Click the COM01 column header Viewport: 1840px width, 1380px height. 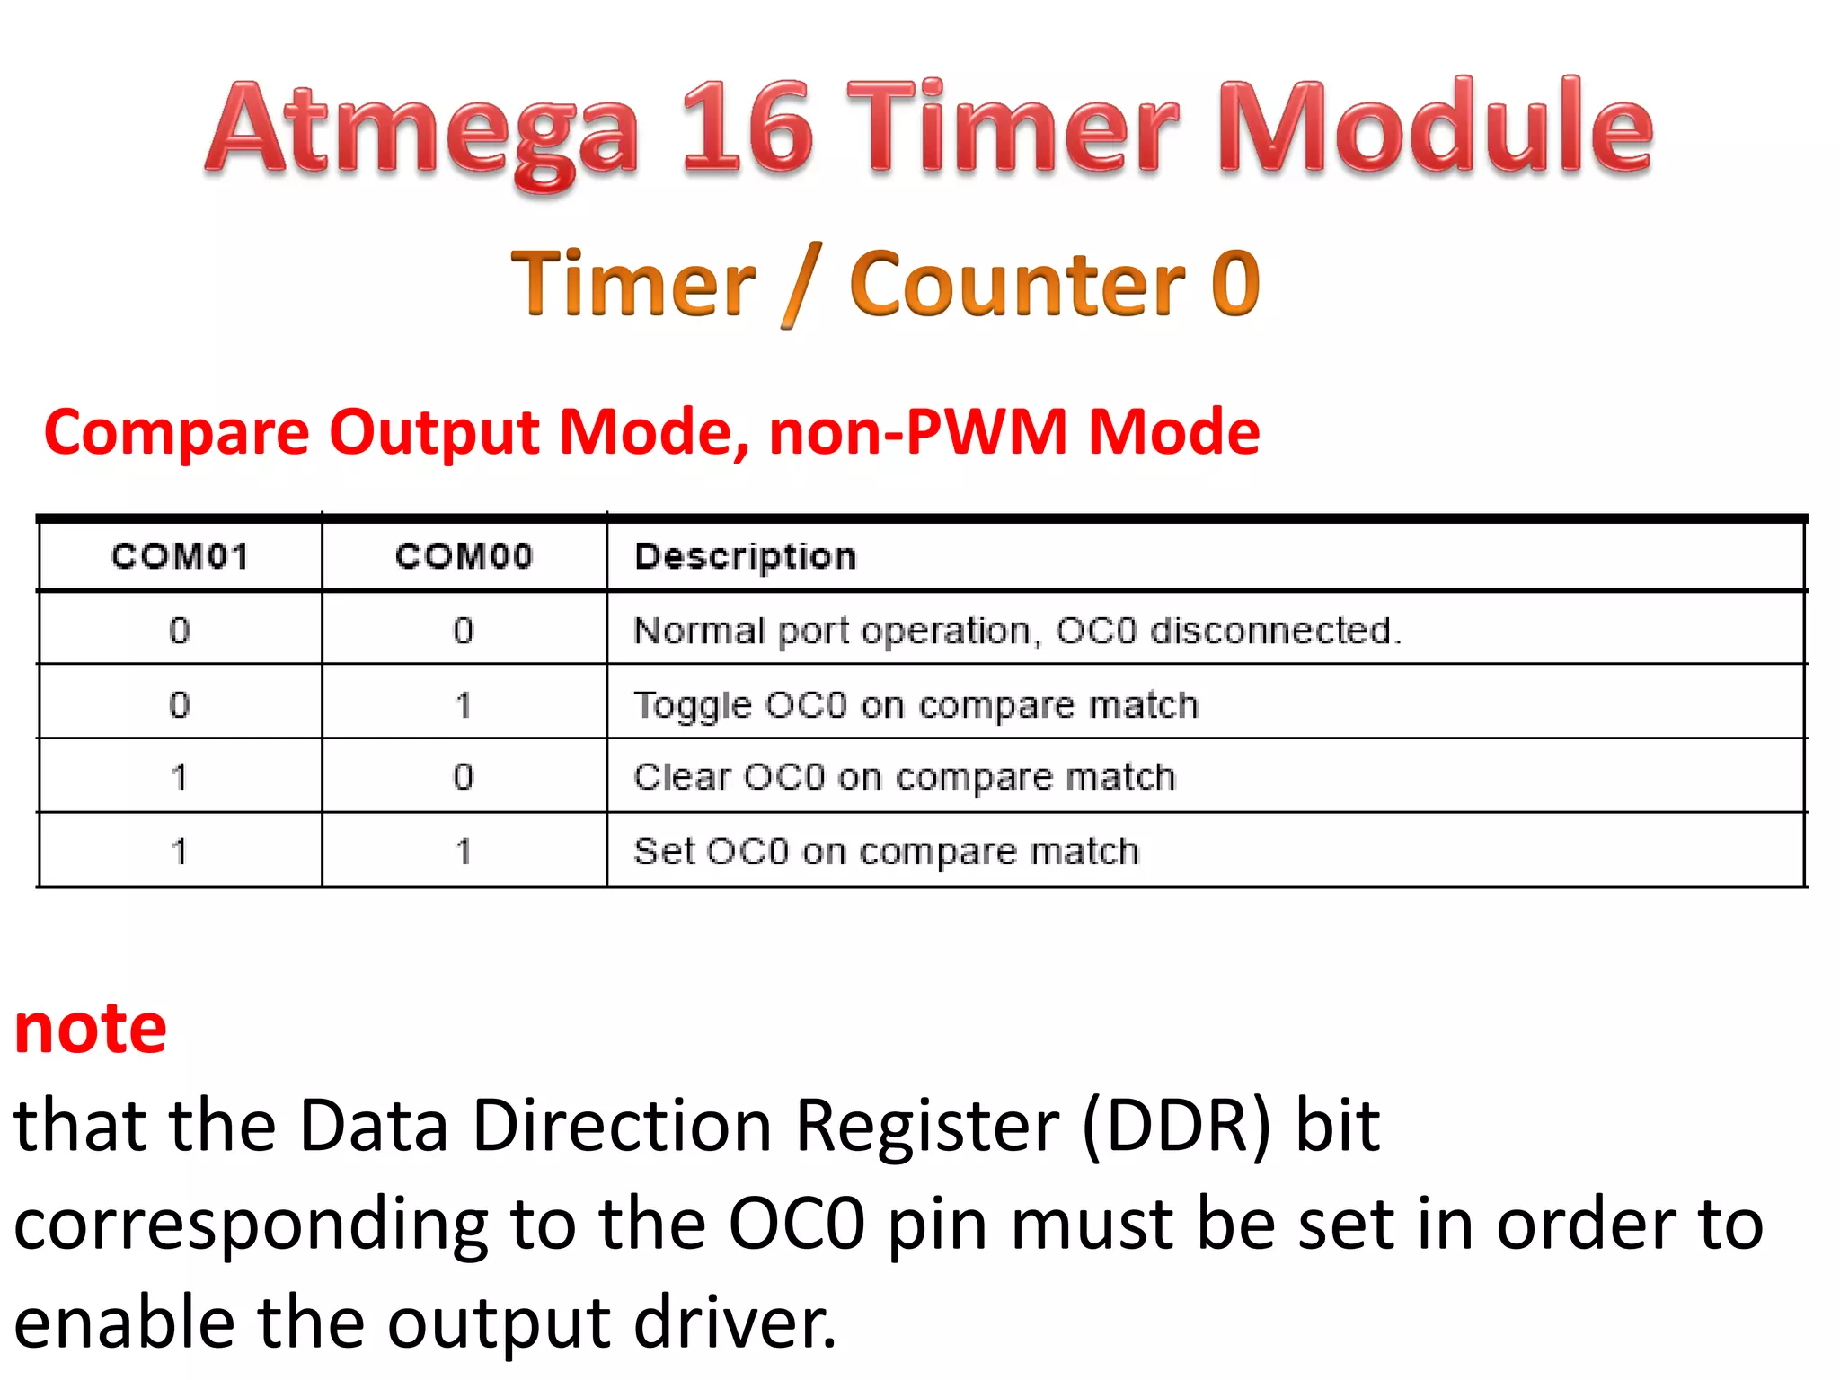180,557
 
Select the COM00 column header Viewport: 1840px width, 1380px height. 464,557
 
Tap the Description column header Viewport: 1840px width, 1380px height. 745,557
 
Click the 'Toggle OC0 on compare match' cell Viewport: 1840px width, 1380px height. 916,705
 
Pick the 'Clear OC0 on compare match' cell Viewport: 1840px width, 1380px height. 904,777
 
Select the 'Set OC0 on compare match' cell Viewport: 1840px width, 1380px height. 886,851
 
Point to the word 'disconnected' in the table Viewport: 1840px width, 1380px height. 1275,631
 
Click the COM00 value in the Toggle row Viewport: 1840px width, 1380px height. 464,705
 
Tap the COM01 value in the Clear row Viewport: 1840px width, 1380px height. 180,777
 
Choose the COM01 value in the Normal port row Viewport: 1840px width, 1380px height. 180,631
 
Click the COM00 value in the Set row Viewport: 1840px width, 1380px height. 464,851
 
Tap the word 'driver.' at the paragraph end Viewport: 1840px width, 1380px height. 734,1322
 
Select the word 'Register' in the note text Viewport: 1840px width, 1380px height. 927,1128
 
